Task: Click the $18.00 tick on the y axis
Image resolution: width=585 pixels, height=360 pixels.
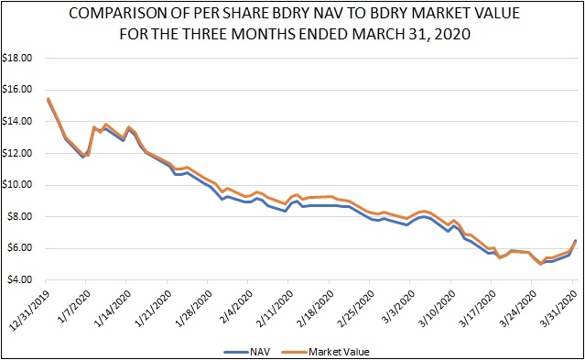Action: [17, 59]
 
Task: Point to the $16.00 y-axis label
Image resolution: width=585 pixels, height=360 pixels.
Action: [17, 90]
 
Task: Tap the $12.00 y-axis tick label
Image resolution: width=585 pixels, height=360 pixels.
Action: [17, 154]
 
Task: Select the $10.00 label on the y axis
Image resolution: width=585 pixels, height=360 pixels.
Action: [17, 185]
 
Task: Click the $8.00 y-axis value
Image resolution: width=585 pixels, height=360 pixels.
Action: [19, 217]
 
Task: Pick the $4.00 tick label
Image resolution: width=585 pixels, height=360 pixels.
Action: [19, 280]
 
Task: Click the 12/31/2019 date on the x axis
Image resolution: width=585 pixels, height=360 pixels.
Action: [29, 307]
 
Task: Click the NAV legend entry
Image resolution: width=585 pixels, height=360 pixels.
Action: [247, 352]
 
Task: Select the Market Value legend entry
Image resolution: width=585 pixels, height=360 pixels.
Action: [326, 352]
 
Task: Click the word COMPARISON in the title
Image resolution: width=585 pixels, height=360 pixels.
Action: [117, 14]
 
